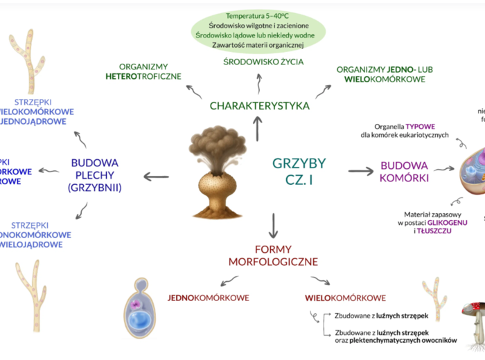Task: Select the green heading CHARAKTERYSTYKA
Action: click(259, 106)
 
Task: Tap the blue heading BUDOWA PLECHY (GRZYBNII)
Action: click(95, 174)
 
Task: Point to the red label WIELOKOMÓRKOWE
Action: click(345, 298)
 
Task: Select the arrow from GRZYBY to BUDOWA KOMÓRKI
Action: click(360, 171)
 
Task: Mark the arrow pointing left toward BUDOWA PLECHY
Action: click(156, 177)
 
